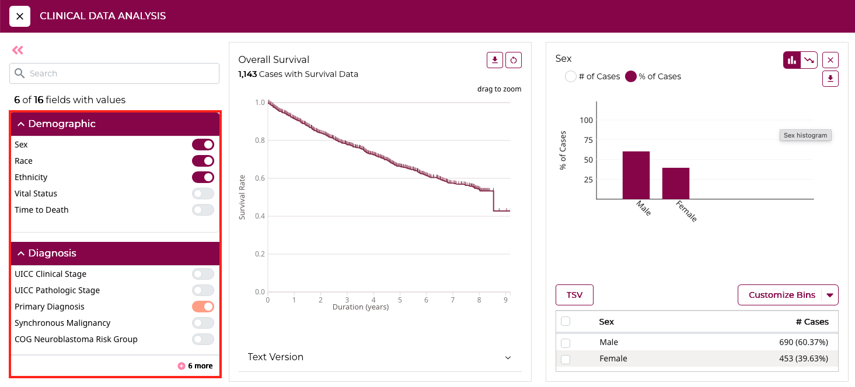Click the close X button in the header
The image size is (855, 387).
pyautogui.click(x=20, y=16)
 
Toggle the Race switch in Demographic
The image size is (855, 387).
pyautogui.click(x=203, y=161)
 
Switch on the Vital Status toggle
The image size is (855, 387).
pyautogui.click(x=203, y=193)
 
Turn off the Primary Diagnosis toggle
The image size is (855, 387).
pyautogui.click(x=203, y=307)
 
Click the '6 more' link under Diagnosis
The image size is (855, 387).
pyautogui.click(x=196, y=366)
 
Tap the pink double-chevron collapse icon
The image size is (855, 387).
pyautogui.click(x=18, y=50)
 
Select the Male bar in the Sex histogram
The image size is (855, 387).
pyautogui.click(x=636, y=175)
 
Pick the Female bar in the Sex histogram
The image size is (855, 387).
pyautogui.click(x=676, y=183)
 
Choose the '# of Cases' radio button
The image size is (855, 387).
pyautogui.click(x=571, y=76)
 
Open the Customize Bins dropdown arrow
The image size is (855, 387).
pyautogui.click(x=830, y=295)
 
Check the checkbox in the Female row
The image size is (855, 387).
pyautogui.click(x=566, y=359)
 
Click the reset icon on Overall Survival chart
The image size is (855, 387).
pyautogui.click(x=514, y=60)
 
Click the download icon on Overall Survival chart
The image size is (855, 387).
pyautogui.click(x=495, y=60)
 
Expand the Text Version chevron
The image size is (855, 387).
pyautogui.click(x=508, y=357)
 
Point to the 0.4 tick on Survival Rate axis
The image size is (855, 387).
pyautogui.click(x=260, y=216)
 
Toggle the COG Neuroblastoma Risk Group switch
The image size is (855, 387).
pyautogui.click(x=203, y=339)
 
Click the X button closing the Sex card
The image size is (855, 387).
pyautogui.click(x=830, y=60)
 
